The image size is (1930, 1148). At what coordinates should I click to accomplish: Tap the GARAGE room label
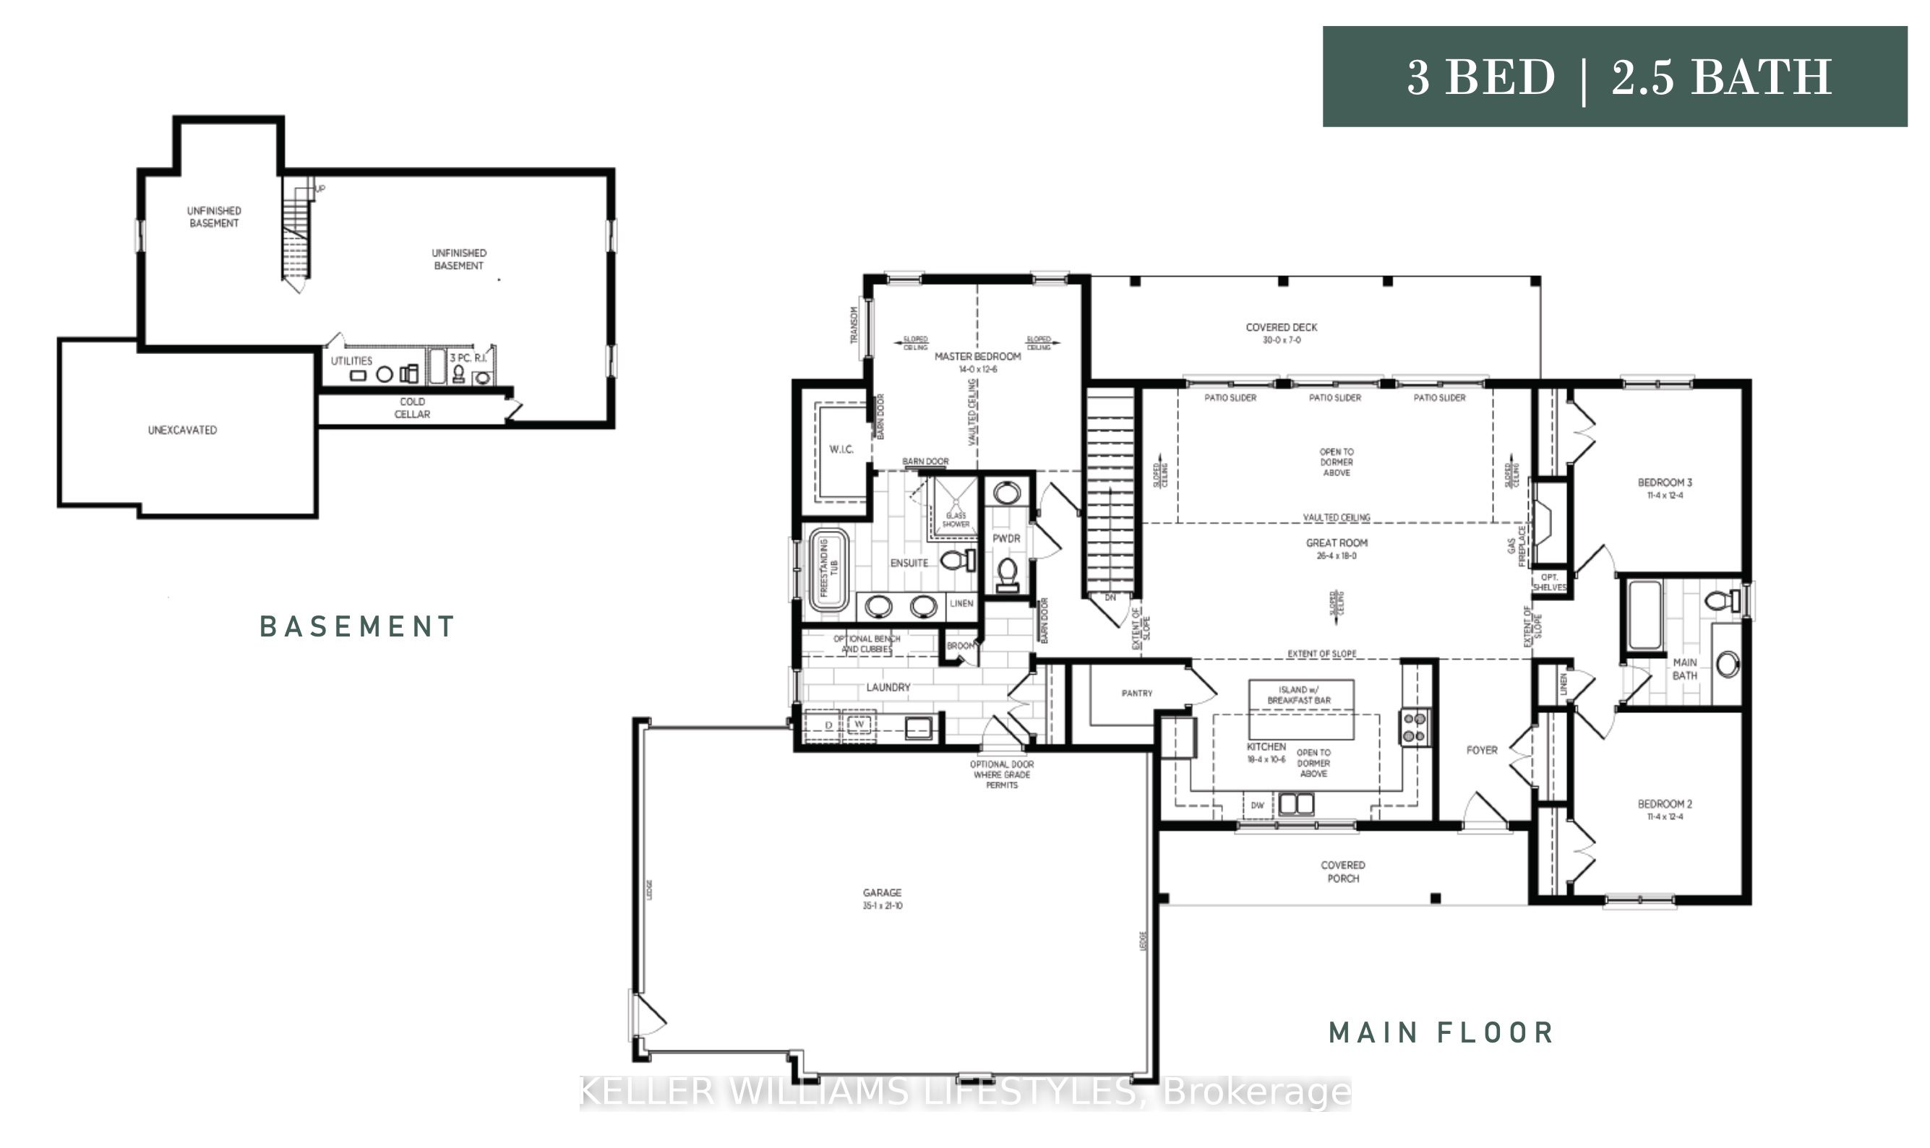coord(882,898)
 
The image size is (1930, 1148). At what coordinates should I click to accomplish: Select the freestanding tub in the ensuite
coord(828,569)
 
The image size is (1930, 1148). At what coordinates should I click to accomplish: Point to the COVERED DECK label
coord(1281,332)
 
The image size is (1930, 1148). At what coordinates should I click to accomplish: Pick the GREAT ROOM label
coord(1337,548)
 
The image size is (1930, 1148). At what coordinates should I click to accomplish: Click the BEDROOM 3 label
coord(1665,488)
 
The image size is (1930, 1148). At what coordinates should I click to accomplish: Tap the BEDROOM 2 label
coord(1665,809)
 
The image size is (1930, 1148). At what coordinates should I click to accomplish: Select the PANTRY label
coord(1136,693)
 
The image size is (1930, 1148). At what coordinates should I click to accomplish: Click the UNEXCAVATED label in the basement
coord(182,430)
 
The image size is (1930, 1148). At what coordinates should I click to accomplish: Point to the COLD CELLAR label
coord(412,407)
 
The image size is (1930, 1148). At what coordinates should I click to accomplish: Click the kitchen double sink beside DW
coord(1295,805)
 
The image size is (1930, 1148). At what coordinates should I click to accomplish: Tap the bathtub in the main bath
coord(1644,615)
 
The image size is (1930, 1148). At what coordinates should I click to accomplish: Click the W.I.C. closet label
coord(841,449)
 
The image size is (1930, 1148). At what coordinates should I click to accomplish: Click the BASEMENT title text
coord(357,626)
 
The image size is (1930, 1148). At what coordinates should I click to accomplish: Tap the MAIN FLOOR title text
coord(1441,1032)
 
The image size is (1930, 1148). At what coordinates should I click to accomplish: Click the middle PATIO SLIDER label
coord(1334,397)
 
